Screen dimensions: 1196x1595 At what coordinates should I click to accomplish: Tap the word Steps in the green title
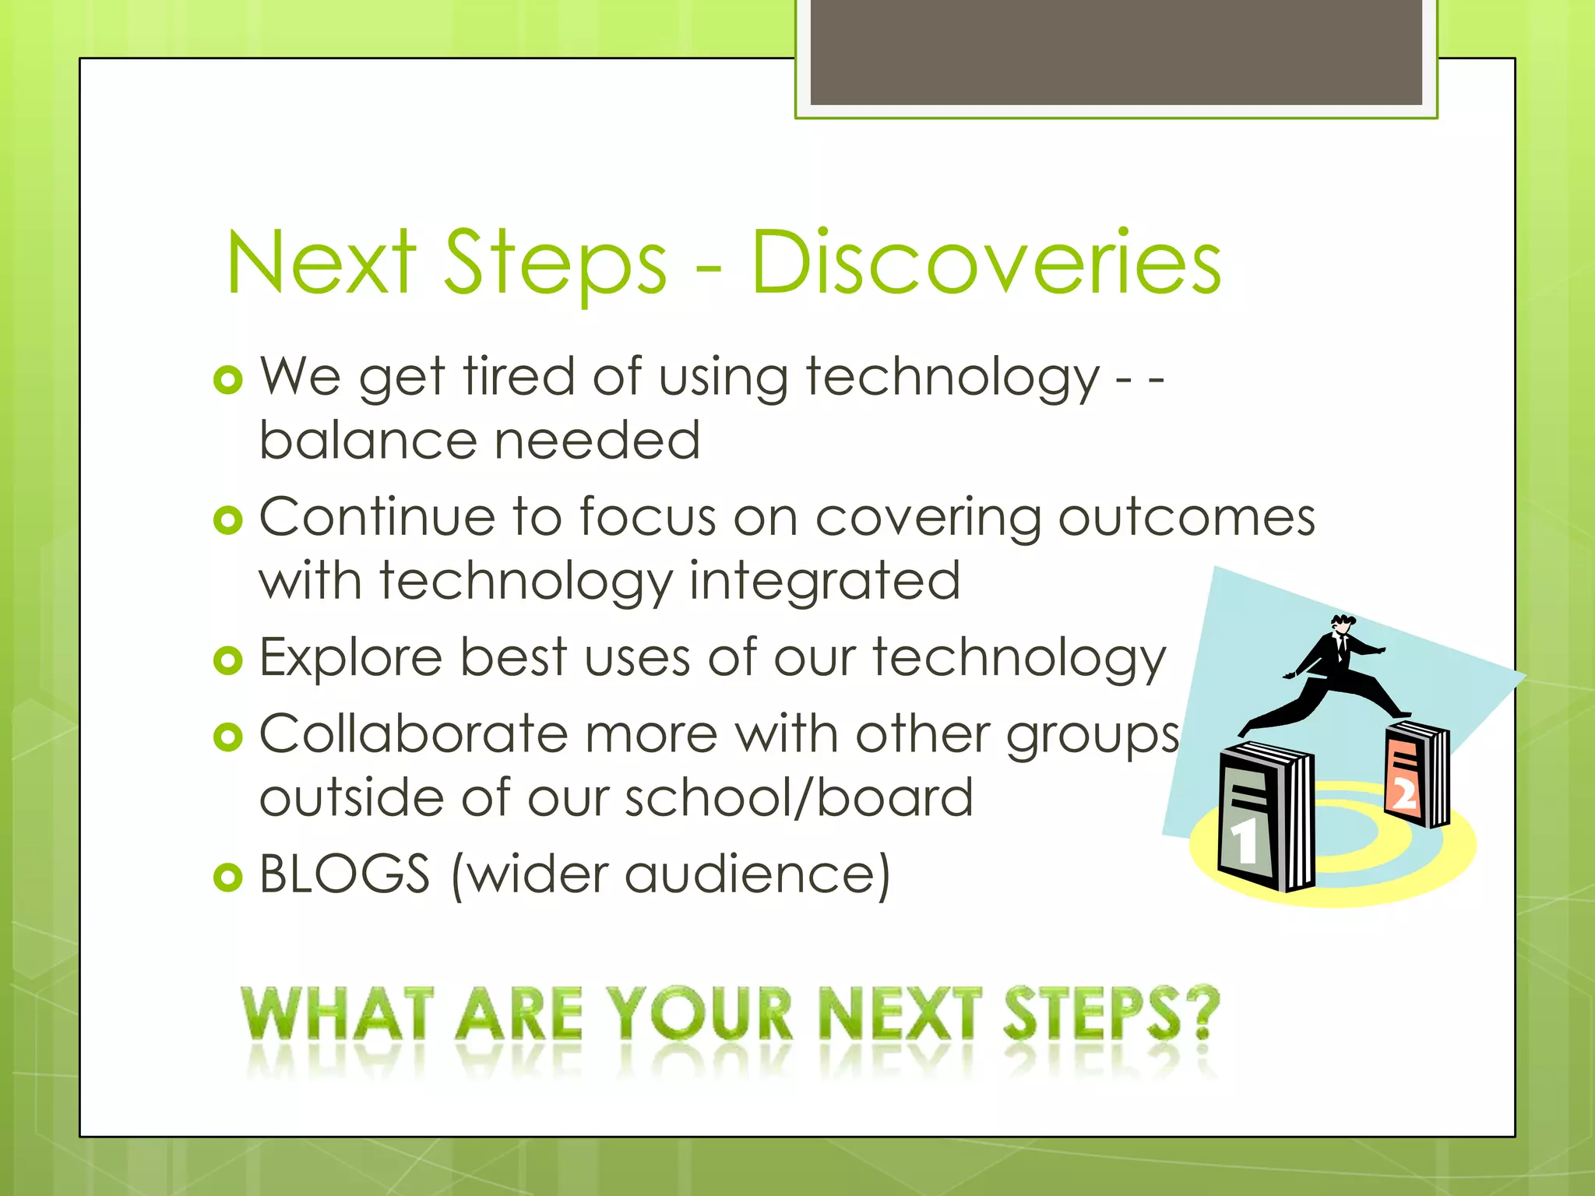pos(555,265)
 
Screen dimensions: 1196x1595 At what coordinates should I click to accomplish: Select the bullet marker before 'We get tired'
pos(227,381)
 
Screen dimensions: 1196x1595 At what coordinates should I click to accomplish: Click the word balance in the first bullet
pos(366,441)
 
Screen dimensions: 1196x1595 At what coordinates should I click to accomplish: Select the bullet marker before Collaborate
pos(227,736)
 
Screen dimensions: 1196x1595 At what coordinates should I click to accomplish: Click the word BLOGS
pos(344,874)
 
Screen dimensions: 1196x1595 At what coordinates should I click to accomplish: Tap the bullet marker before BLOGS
pos(227,878)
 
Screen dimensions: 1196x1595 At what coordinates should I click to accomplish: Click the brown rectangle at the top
pos(1116,51)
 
